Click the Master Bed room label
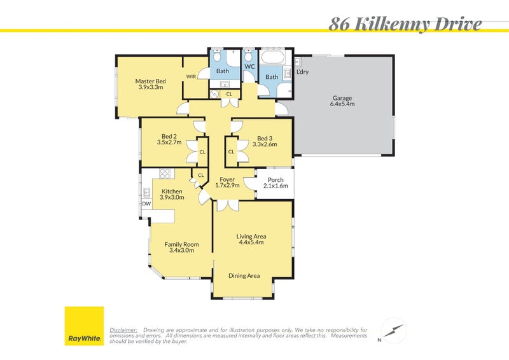point(151,84)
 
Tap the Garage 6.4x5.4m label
point(342,101)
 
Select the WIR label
point(191,77)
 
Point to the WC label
point(249,66)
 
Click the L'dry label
point(302,72)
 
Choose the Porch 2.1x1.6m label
point(275,183)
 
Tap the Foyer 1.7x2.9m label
point(227,182)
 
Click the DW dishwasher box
point(146,204)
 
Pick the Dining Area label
point(244,275)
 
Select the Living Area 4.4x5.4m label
point(252,239)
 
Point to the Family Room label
point(181,247)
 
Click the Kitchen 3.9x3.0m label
point(172,194)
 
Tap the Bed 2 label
point(169,139)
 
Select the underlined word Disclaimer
point(123,330)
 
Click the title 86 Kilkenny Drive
point(405,25)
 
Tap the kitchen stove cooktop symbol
point(165,172)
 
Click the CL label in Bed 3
point(231,152)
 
